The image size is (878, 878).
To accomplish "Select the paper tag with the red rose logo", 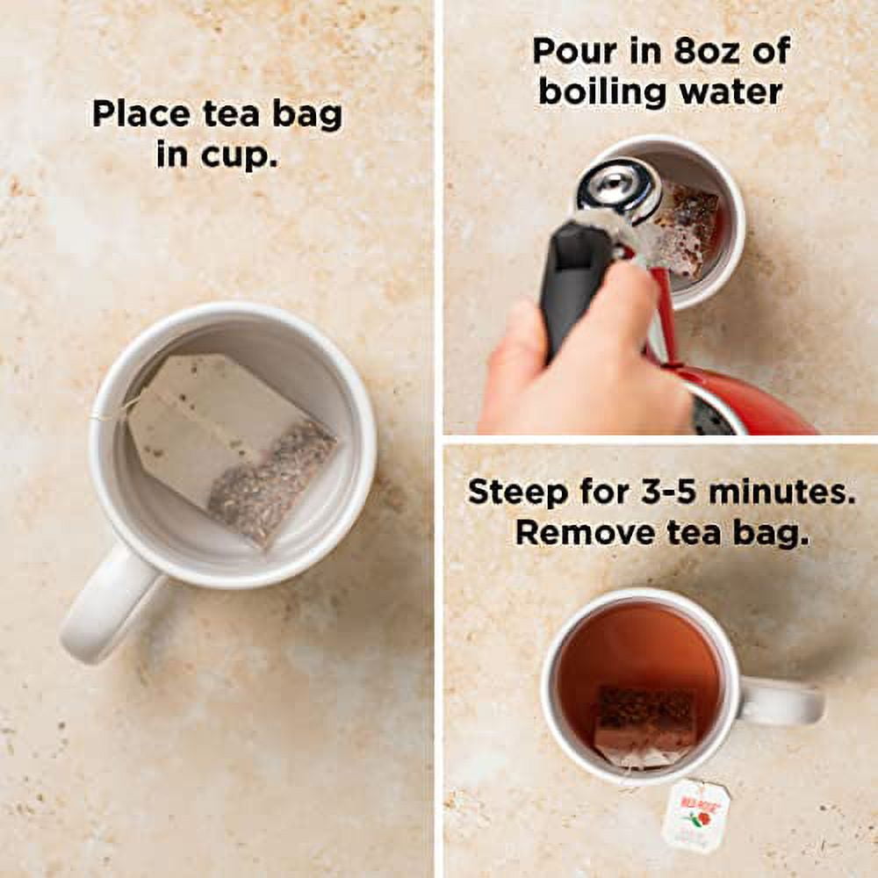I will pyautogui.click(x=696, y=814).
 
